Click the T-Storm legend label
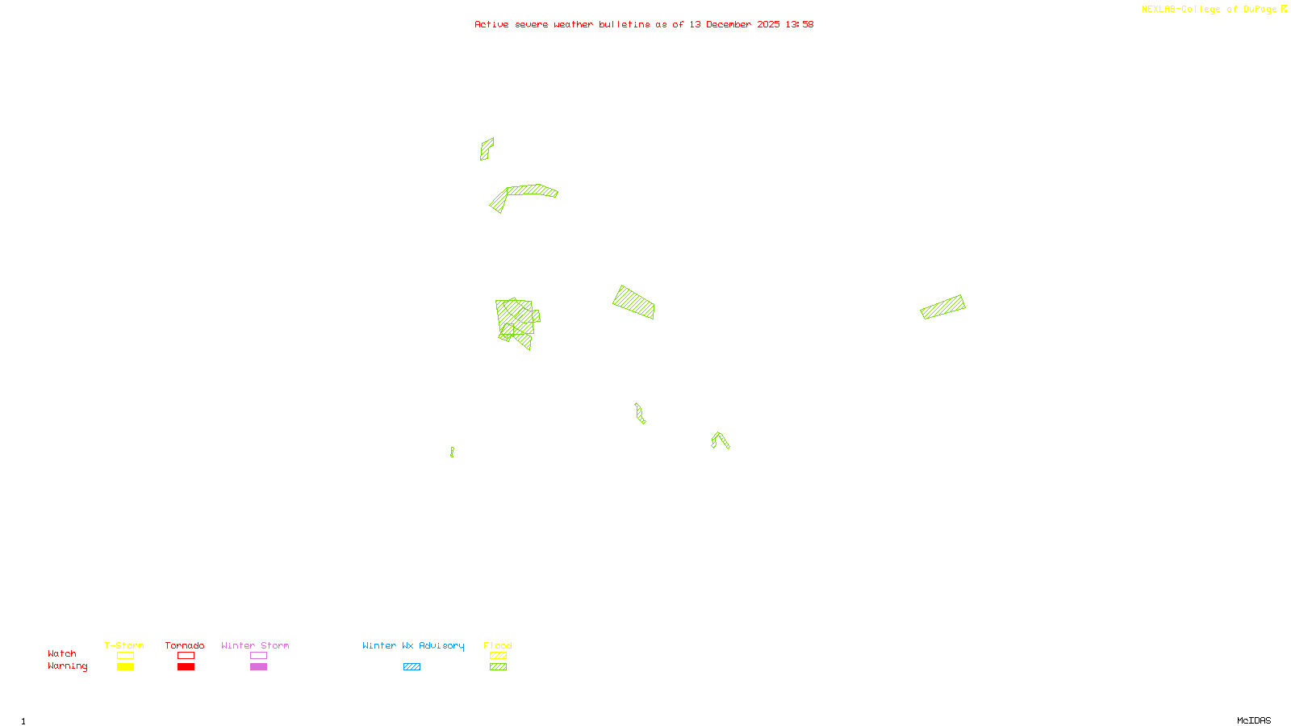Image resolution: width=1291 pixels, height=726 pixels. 124,645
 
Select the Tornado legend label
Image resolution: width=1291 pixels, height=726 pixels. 185,645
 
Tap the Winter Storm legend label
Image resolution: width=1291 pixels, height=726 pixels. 255,645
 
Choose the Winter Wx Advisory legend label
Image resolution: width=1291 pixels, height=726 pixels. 413,645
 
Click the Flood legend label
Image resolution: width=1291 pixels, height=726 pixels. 498,645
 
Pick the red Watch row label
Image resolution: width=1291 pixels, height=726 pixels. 62,653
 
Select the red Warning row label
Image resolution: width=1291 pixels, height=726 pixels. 68,666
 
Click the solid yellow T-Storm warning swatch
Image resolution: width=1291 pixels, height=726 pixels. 125,667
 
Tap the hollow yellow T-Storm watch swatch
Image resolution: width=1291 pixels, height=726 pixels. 125,656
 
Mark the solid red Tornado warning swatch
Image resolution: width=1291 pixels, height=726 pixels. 186,667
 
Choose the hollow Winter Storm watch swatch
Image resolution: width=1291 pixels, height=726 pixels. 258,656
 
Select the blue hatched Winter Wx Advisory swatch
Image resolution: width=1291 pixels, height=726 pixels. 412,667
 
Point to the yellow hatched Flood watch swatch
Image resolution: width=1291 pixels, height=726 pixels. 499,656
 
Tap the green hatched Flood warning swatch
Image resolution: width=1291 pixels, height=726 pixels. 499,667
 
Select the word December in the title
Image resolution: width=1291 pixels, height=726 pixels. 729,24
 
